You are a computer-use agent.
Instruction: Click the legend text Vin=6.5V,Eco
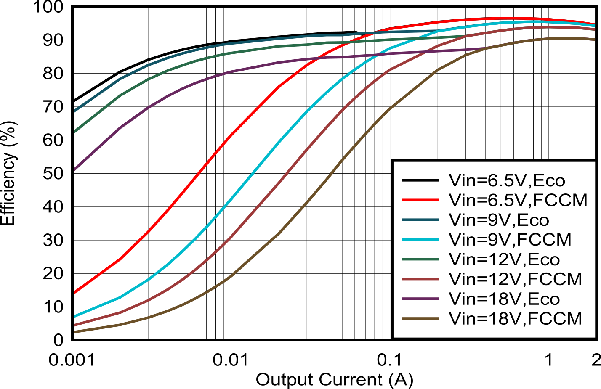(x=507, y=180)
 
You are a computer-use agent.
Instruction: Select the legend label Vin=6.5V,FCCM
(x=518, y=200)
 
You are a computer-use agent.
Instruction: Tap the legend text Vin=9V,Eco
(x=499, y=220)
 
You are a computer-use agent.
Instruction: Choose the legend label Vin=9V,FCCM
(x=510, y=240)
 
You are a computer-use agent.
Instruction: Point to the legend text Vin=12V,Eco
(x=504, y=259)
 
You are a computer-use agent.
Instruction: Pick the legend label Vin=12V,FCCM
(x=516, y=279)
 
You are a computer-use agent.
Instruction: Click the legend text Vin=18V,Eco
(x=504, y=299)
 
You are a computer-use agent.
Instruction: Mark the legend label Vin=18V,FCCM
(x=516, y=319)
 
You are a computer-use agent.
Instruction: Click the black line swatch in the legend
(x=420, y=180)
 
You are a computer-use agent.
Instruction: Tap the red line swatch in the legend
(x=420, y=200)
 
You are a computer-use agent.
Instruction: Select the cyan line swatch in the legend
(x=420, y=240)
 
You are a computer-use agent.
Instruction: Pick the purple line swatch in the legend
(x=420, y=299)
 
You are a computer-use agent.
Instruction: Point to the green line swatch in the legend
(x=420, y=259)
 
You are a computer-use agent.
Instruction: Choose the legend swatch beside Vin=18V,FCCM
(x=420, y=319)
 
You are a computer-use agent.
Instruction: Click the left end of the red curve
(x=75, y=292)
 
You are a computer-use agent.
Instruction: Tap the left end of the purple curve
(x=75, y=169)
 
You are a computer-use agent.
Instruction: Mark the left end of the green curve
(x=75, y=132)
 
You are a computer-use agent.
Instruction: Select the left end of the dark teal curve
(x=75, y=111)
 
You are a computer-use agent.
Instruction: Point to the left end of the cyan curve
(x=75, y=316)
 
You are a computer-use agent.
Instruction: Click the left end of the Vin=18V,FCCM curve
(x=75, y=332)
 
